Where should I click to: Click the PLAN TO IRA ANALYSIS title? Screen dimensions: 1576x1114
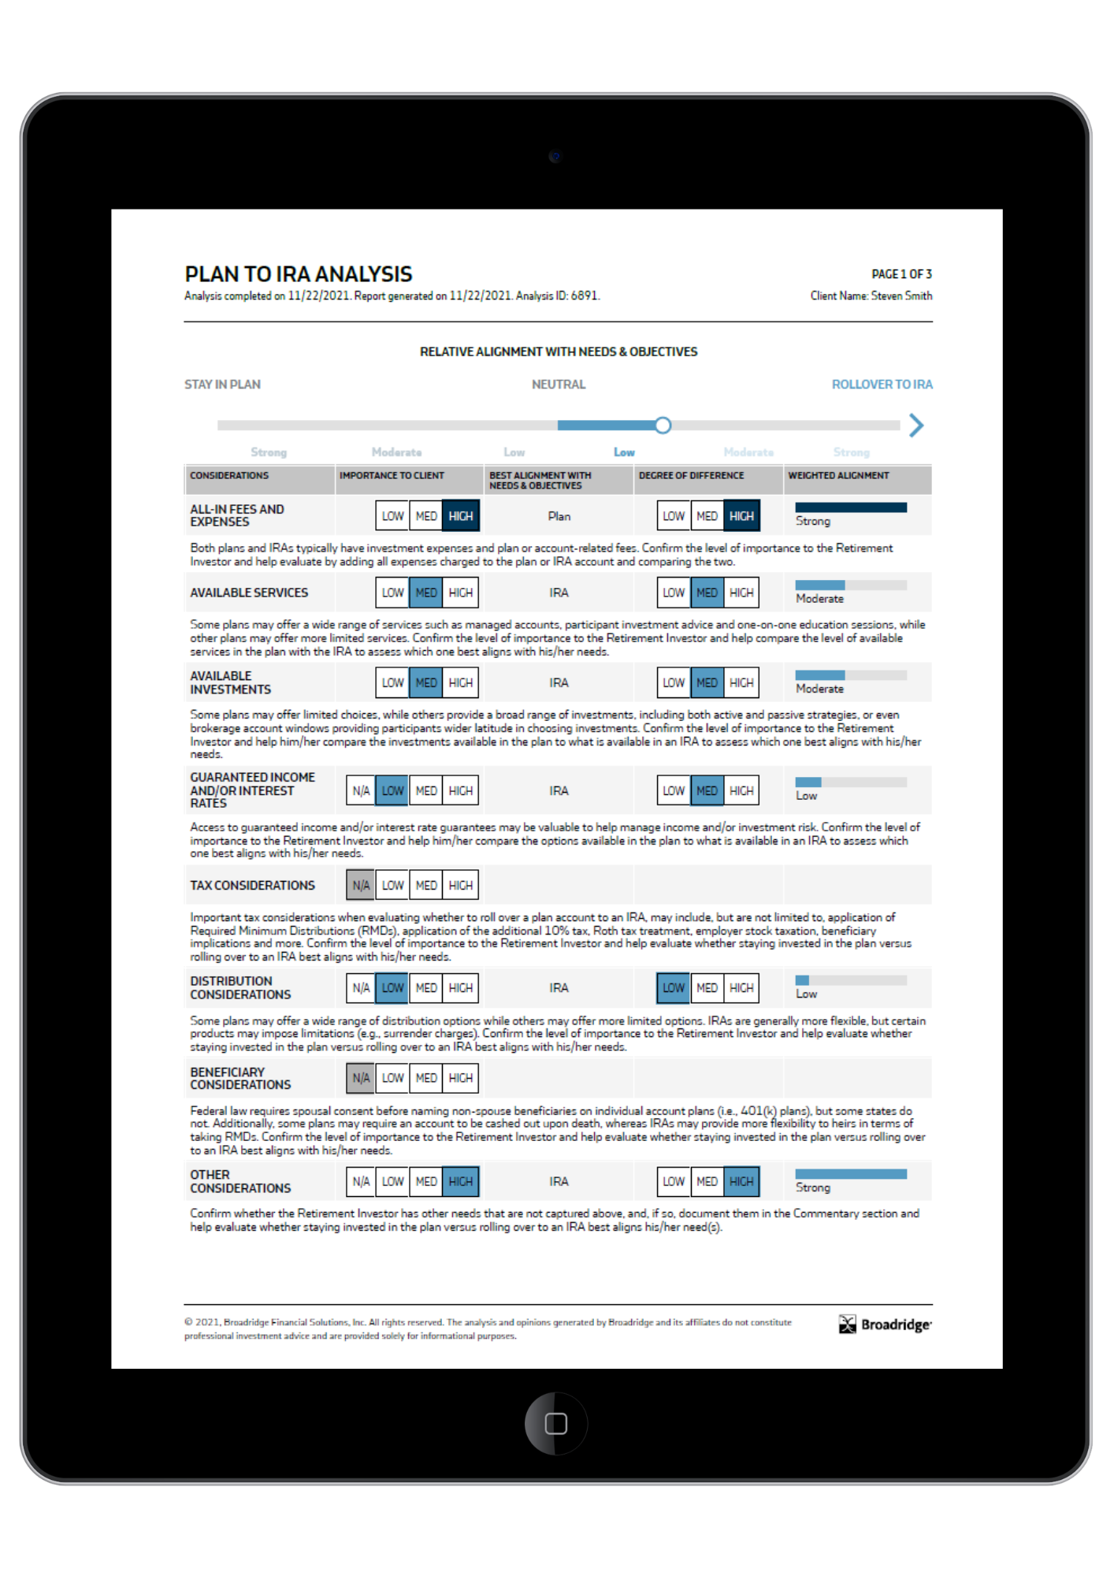[x=298, y=274]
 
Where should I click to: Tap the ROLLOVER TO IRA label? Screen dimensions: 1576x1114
[x=882, y=385]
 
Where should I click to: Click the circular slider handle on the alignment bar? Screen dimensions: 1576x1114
[x=663, y=426]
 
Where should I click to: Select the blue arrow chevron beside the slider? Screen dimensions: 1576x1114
[x=915, y=426]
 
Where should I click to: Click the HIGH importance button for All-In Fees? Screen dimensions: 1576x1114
[x=461, y=516]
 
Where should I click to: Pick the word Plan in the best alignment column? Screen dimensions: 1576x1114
[x=559, y=516]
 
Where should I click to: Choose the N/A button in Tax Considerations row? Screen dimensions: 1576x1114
[x=361, y=886]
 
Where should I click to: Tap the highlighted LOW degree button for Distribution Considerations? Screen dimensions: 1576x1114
[x=674, y=988]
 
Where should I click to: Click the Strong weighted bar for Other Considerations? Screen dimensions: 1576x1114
[x=851, y=1174]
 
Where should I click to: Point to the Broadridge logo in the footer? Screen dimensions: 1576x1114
[x=886, y=1325]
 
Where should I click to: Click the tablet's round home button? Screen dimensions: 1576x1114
[x=556, y=1424]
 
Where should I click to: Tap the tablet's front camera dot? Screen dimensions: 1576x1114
[x=555, y=156]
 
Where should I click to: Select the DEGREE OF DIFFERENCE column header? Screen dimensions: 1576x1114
[x=691, y=476]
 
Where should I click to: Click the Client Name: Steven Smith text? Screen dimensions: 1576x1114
[x=871, y=296]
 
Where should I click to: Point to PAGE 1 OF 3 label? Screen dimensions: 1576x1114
[x=901, y=274]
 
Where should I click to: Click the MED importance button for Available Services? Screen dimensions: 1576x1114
[x=426, y=593]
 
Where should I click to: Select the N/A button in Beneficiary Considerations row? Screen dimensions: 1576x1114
[x=361, y=1078]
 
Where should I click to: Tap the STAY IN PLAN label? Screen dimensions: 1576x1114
[x=222, y=385]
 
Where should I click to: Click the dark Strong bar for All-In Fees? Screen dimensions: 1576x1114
[x=851, y=507]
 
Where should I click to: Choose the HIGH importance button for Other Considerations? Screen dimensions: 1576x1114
[x=461, y=1181]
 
